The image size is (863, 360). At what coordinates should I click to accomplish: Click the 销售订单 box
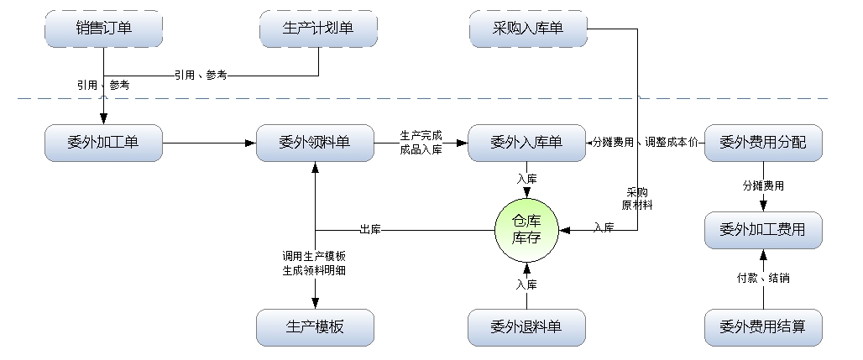pyautogui.click(x=104, y=29)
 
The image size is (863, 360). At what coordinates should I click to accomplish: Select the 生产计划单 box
pyautogui.click(x=318, y=29)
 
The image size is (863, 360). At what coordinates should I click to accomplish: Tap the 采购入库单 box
pyautogui.click(x=528, y=29)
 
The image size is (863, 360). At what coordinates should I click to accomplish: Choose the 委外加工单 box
pyautogui.click(x=104, y=143)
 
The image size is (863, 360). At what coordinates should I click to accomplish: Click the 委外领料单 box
pyautogui.click(x=315, y=143)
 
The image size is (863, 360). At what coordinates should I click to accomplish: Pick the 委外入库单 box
pyautogui.click(x=527, y=143)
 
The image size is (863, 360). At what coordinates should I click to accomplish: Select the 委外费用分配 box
pyautogui.click(x=762, y=143)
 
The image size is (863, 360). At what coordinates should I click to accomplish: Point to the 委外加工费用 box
pyautogui.click(x=762, y=230)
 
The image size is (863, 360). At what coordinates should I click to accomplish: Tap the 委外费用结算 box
pyautogui.click(x=762, y=326)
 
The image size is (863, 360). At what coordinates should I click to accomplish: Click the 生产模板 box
pyautogui.click(x=315, y=327)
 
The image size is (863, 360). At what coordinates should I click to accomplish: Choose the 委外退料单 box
pyautogui.click(x=527, y=327)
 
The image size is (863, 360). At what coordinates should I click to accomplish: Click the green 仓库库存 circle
pyautogui.click(x=526, y=230)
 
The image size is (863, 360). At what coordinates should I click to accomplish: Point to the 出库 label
pyautogui.click(x=371, y=229)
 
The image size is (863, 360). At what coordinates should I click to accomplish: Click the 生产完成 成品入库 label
pyautogui.click(x=421, y=143)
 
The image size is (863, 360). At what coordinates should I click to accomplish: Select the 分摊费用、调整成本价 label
pyautogui.click(x=645, y=143)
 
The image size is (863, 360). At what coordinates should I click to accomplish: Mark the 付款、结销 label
pyautogui.click(x=762, y=278)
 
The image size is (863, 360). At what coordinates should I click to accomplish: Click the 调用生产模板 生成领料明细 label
pyautogui.click(x=315, y=263)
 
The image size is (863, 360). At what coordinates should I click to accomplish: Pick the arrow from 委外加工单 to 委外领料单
pyautogui.click(x=210, y=143)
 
